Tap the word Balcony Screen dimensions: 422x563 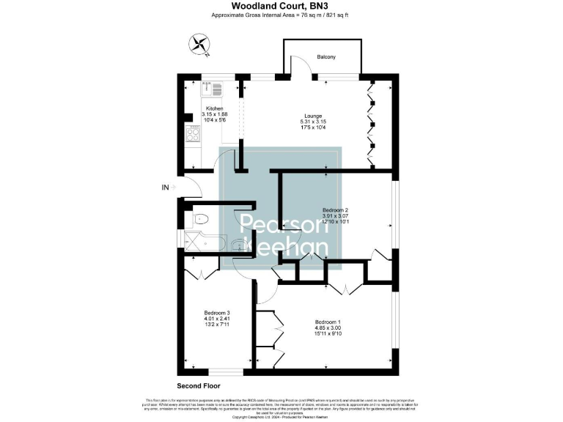point(327,56)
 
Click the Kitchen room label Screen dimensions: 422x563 point(213,108)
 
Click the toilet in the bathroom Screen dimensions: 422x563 point(202,218)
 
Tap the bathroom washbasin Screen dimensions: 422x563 point(238,245)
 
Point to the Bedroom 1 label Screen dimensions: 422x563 point(327,322)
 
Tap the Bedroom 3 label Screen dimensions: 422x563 point(217,312)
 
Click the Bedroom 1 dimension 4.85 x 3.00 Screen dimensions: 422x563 point(327,328)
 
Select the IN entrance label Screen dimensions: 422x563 point(166,188)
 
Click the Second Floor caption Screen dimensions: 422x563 point(198,385)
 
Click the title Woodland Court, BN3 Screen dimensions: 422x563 point(281,6)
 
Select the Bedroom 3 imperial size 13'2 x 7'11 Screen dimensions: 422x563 point(217,325)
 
